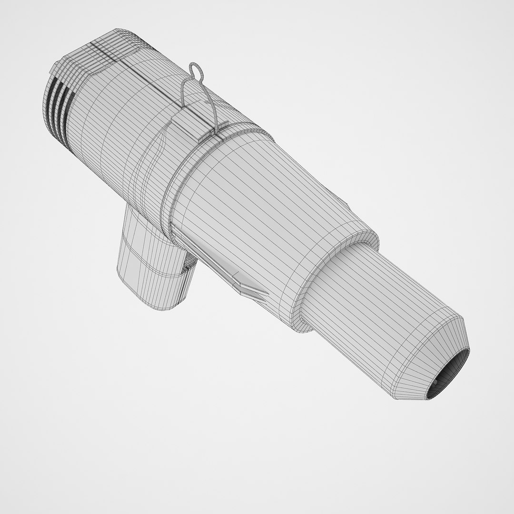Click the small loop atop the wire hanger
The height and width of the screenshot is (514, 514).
click(x=195, y=71)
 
